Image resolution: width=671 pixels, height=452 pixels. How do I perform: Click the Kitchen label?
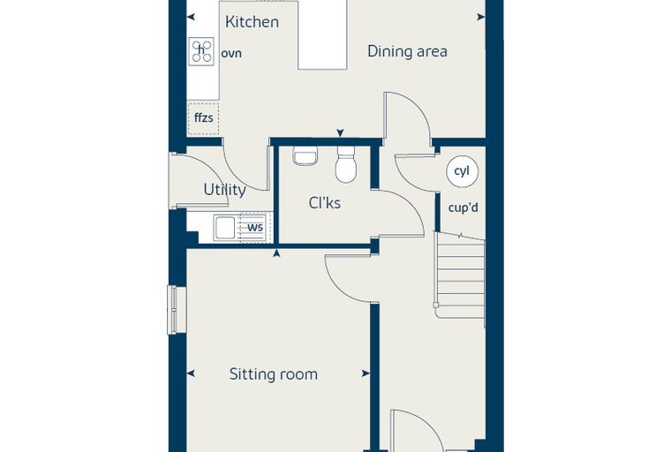coord(252,22)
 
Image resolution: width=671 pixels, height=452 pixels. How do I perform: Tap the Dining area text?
coord(407,51)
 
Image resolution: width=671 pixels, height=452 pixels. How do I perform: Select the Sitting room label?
coord(274,374)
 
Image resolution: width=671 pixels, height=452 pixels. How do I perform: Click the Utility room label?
coord(224,190)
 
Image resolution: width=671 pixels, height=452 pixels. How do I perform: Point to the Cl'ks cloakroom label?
coord(324,203)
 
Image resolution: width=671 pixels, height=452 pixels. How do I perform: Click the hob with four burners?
coord(201,51)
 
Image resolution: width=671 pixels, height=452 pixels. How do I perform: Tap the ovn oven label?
coord(231,54)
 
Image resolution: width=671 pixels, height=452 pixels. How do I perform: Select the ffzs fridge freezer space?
coord(203,118)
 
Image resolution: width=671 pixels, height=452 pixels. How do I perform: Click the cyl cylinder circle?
coord(462,171)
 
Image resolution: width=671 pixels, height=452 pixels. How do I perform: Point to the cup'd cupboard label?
coord(463,208)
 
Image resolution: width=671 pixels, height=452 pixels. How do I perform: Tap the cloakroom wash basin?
coord(305,155)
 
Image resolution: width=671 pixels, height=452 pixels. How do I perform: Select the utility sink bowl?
coord(225,227)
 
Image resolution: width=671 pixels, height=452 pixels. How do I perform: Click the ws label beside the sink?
coord(255,227)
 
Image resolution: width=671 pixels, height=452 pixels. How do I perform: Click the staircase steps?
coord(460,275)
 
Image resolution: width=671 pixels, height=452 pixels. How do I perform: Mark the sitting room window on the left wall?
coord(177,310)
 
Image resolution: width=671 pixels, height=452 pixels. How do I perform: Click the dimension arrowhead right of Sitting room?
coord(366,373)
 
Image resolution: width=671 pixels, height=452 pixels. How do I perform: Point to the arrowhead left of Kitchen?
coord(191,17)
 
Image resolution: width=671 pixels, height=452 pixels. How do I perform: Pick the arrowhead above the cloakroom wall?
coord(340,133)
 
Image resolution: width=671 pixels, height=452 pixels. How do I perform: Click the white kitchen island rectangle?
coord(321,35)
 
